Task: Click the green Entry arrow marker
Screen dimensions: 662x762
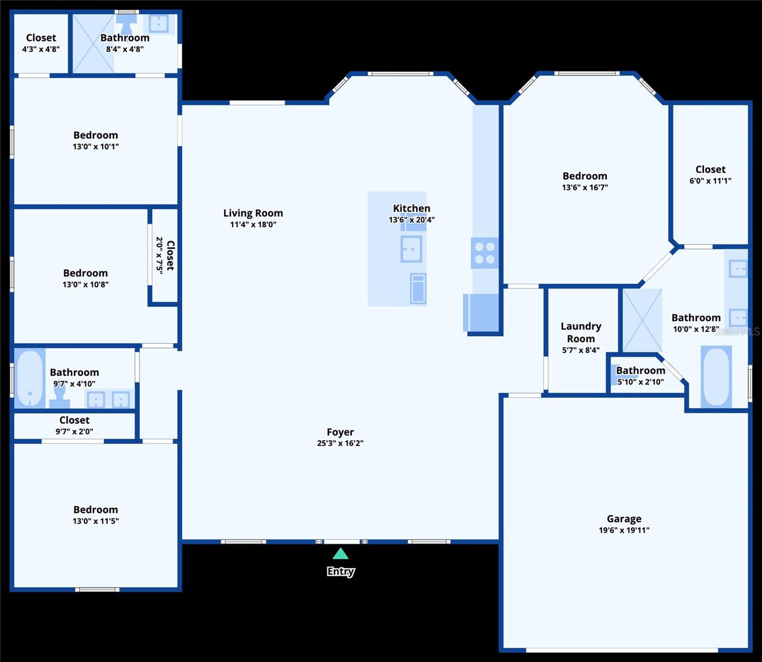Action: [341, 554]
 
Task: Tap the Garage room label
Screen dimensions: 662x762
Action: [624, 519]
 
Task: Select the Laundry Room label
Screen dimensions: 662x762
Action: [581, 332]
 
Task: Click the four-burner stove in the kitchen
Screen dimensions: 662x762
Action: [485, 253]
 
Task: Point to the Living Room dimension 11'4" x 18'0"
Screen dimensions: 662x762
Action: [253, 225]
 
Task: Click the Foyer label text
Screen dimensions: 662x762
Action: [340, 432]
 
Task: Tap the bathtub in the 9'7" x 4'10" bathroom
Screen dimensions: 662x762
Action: [30, 378]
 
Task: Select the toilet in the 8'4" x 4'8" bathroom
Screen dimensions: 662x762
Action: [127, 23]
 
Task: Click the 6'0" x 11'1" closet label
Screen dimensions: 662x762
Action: [710, 169]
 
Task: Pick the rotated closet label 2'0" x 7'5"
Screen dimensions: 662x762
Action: [165, 255]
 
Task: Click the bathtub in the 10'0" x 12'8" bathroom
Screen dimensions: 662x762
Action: [716, 376]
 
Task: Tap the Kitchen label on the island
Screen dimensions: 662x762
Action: [412, 208]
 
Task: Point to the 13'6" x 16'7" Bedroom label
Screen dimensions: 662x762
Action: [585, 176]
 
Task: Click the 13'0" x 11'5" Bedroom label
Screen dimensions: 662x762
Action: [95, 510]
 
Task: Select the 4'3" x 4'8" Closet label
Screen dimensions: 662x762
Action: [41, 38]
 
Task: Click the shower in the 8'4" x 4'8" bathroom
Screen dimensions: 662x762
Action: [94, 44]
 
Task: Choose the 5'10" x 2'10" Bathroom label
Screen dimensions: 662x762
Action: [640, 370]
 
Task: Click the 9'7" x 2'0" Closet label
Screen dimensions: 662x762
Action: [74, 420]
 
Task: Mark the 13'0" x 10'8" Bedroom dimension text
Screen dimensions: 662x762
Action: [85, 285]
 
